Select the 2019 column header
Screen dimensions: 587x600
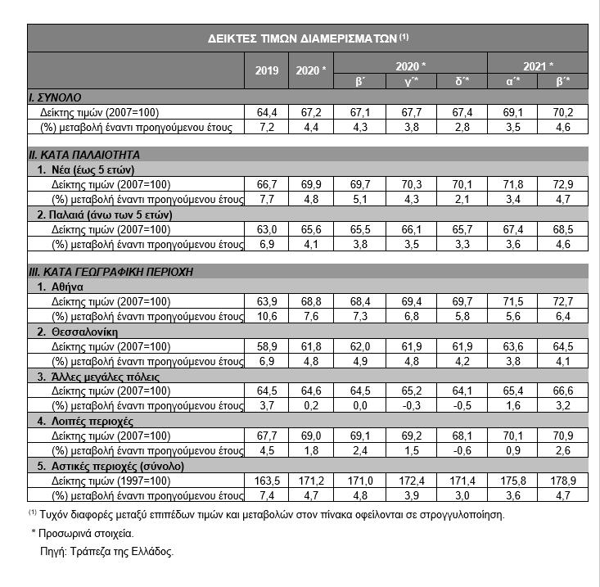tap(268, 70)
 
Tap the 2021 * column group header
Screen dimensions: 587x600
tap(539, 65)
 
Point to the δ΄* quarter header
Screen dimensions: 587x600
tap(462, 81)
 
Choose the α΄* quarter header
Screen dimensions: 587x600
tap(512, 81)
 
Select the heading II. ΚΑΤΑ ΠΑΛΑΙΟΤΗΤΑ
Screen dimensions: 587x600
tap(83, 153)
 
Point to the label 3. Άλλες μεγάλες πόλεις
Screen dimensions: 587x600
tap(98, 377)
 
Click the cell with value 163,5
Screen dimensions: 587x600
tap(268, 481)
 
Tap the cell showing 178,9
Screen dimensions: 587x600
tap(563, 481)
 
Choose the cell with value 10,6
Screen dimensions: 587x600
tap(268, 316)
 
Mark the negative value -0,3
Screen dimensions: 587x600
tap(413, 405)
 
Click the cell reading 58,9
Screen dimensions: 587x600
tap(268, 346)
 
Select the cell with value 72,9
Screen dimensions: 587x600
tap(563, 186)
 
